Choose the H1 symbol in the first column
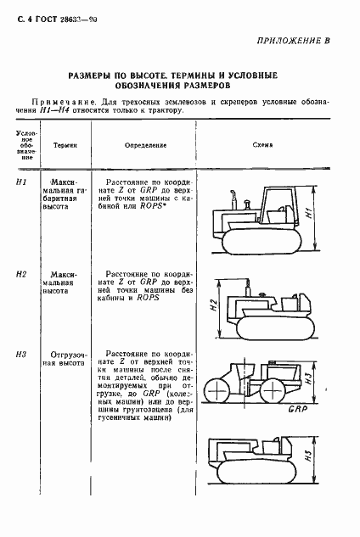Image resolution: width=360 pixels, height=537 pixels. [x=23, y=182]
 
